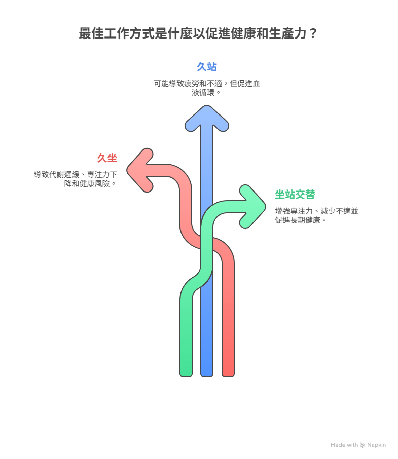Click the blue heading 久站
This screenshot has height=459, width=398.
pos(207,66)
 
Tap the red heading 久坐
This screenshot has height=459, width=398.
pos(107,158)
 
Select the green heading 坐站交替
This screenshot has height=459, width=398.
pos(295,194)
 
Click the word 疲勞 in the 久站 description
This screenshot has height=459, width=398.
pos(195,84)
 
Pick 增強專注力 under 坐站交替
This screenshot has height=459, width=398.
pos(296,211)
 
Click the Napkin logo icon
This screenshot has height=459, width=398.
pos(363,445)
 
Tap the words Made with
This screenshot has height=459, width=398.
pos(344,445)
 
